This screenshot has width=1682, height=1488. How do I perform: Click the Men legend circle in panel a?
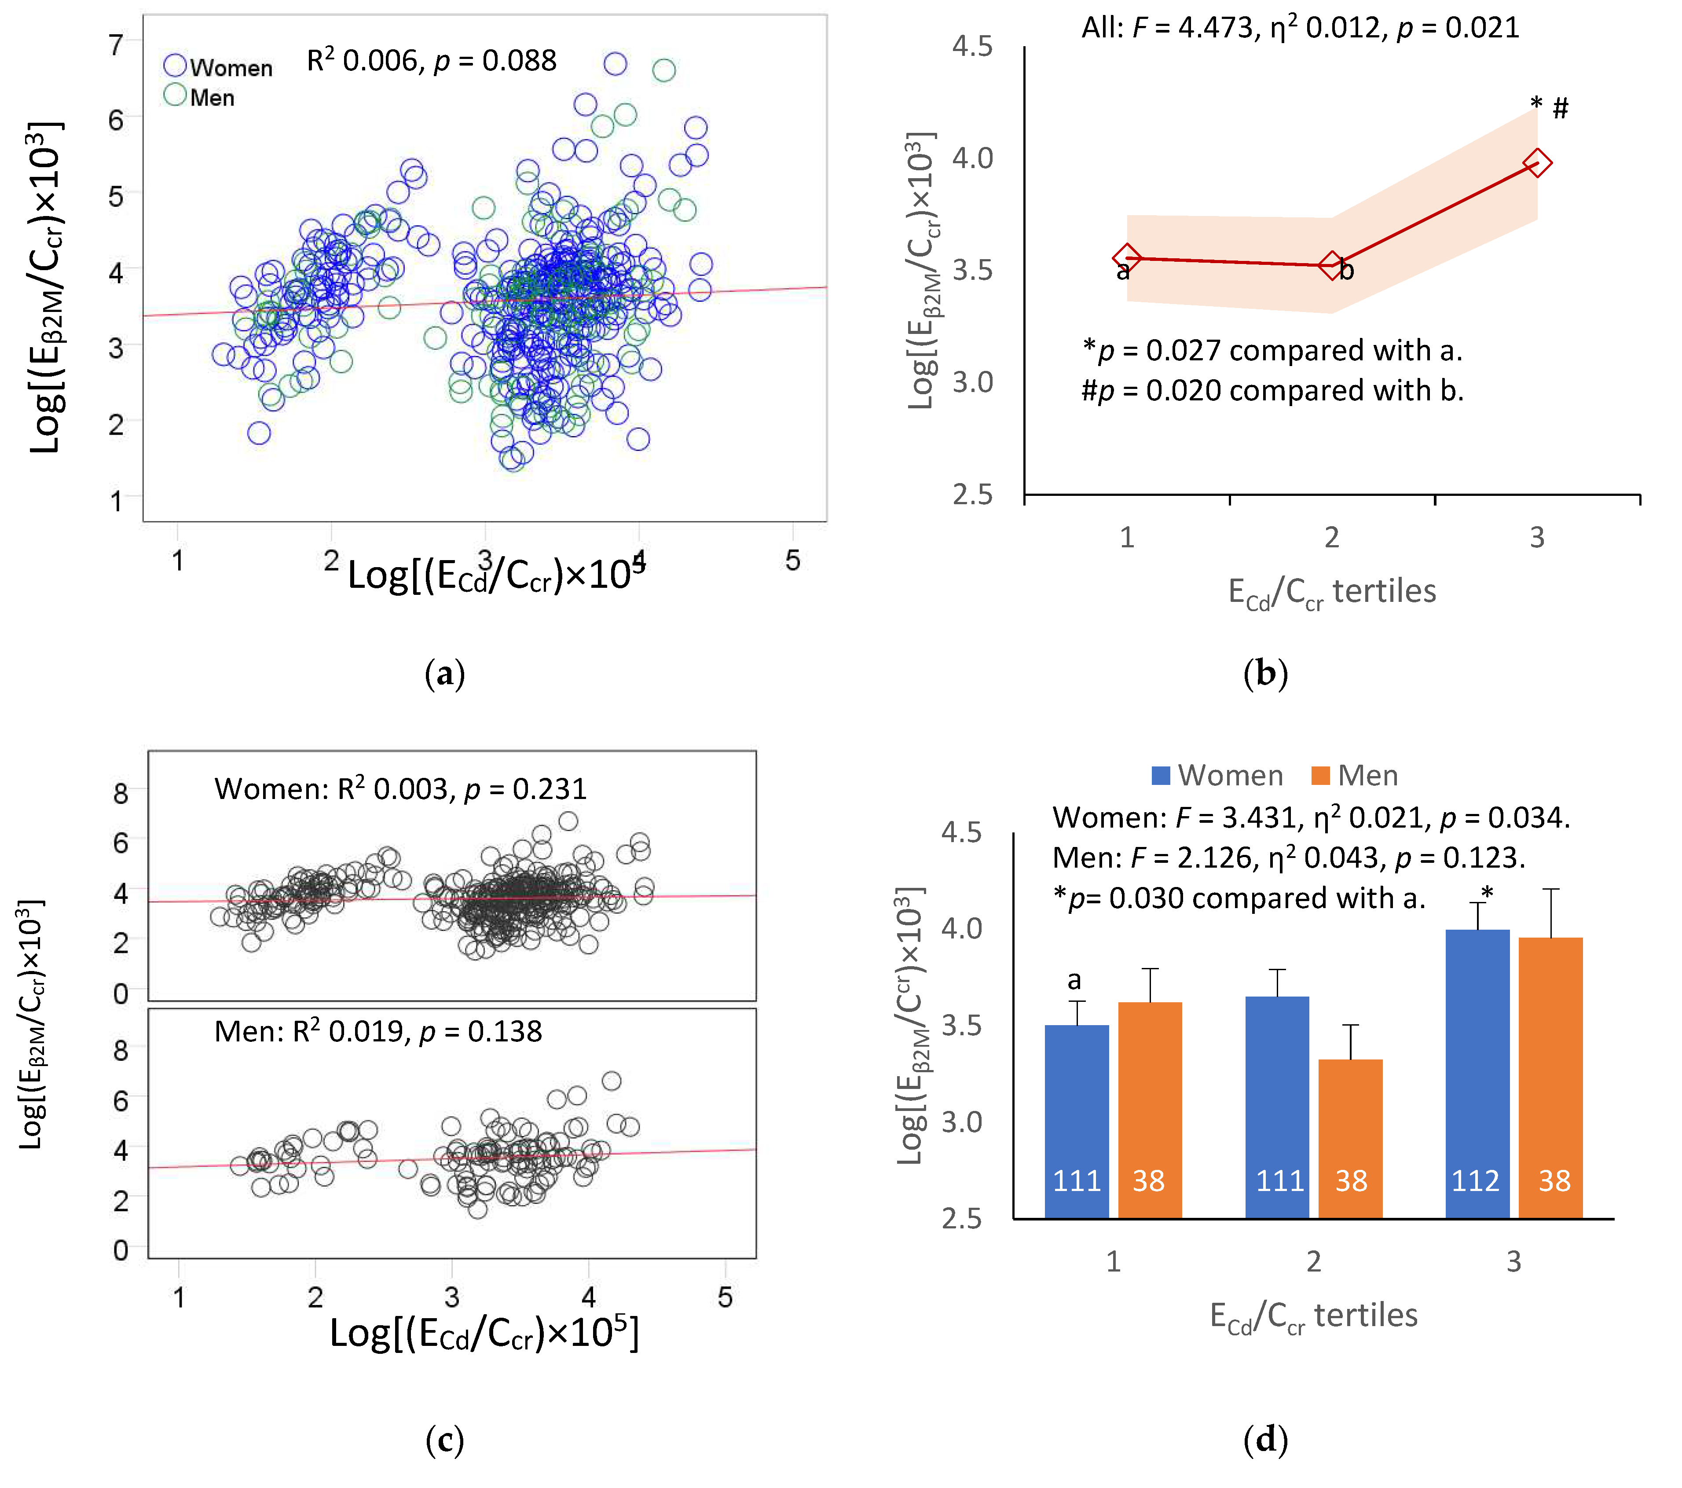coord(175,95)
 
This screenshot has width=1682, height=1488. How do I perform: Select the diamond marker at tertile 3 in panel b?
coord(1536,163)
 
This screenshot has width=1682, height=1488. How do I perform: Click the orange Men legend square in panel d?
coord(1320,775)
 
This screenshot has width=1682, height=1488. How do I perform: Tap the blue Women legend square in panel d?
coord(1160,775)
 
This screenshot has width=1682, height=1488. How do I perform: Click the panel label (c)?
coord(444,1440)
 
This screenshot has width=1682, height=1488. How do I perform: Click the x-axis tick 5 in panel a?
coord(792,561)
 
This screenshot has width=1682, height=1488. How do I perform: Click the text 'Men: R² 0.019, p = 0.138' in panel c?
coord(377,1031)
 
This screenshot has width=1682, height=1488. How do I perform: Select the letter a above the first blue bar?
coord(1074,980)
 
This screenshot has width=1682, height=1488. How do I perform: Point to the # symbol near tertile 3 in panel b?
coord(1560,108)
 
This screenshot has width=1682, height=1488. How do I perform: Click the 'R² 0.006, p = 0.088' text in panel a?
coord(431,60)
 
